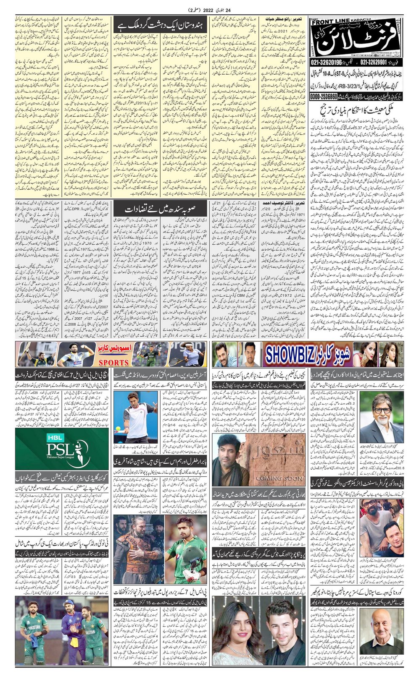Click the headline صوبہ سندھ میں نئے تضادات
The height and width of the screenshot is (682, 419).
coord(161,209)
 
